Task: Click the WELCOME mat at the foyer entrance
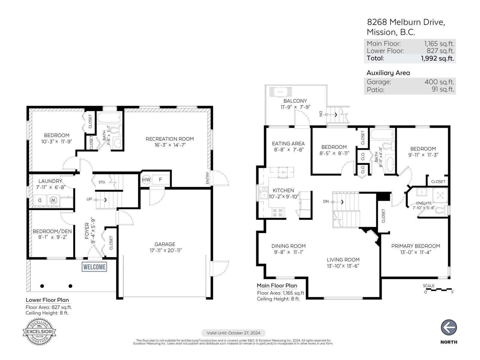click(x=94, y=267)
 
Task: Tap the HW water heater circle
click(x=146, y=180)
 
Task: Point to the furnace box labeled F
click(x=160, y=180)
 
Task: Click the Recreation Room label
click(x=169, y=139)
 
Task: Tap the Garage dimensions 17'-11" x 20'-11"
click(x=166, y=250)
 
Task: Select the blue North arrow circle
click(x=448, y=327)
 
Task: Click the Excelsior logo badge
click(x=40, y=332)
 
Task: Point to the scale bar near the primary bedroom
click(x=438, y=290)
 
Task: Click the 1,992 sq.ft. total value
click(x=437, y=58)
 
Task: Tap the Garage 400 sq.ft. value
click(x=439, y=82)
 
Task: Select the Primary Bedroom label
click(x=415, y=246)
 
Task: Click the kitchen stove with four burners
click(x=277, y=213)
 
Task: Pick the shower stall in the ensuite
click(x=440, y=194)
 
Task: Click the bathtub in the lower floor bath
click(x=109, y=117)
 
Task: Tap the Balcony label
click(x=295, y=101)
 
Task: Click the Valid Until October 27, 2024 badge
click(x=233, y=333)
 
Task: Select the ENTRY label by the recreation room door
click(x=208, y=178)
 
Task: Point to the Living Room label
click(x=343, y=260)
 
